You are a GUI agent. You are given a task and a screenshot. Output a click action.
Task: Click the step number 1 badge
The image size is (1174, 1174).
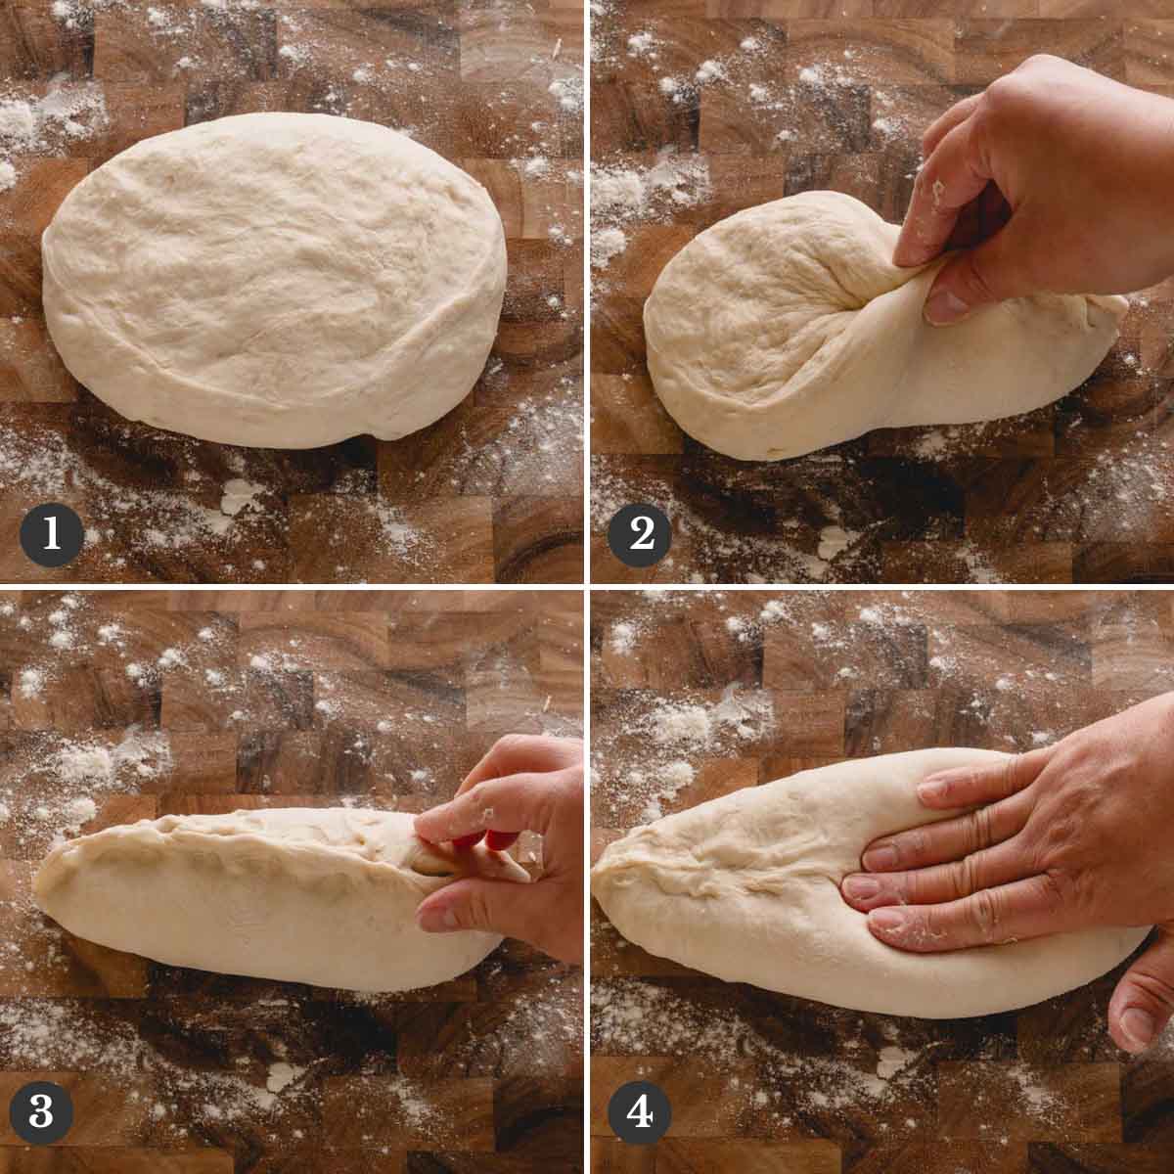[x=52, y=535]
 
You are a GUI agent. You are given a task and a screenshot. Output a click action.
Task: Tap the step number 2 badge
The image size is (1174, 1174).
[x=640, y=535]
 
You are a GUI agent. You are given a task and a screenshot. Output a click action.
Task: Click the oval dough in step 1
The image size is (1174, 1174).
[x=274, y=280]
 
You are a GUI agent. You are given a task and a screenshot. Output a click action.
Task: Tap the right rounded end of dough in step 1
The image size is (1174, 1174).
[x=487, y=274]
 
